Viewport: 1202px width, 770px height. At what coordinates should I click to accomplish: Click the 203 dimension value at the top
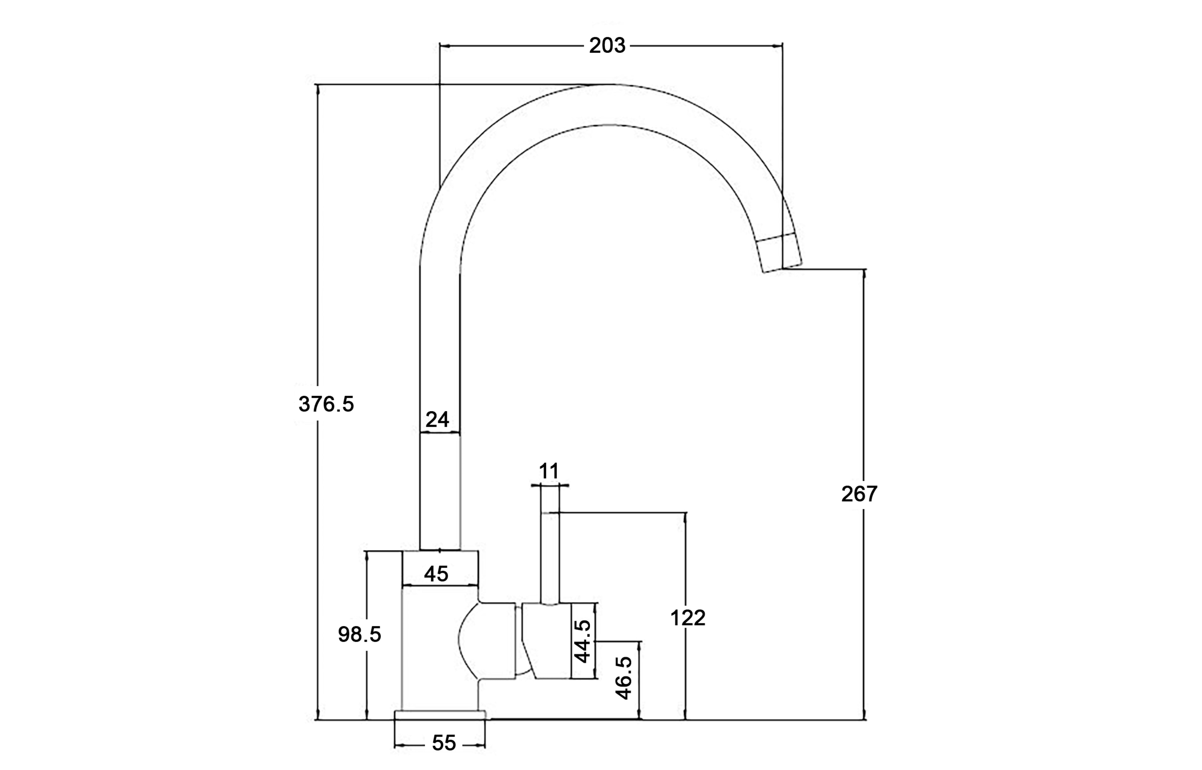click(x=607, y=45)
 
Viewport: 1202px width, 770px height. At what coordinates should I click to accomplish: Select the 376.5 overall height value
click(x=326, y=404)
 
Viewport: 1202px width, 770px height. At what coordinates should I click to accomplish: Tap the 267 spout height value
click(x=859, y=494)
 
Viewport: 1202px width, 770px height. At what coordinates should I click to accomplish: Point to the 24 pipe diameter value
click(x=437, y=419)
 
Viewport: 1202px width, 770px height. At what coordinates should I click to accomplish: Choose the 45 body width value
click(x=436, y=574)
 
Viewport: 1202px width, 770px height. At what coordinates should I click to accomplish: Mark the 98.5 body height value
click(x=359, y=634)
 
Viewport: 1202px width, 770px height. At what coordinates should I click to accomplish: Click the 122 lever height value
click(x=687, y=618)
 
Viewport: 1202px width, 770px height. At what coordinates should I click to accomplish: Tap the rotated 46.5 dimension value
click(x=624, y=678)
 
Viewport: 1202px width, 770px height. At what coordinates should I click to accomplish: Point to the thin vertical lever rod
click(x=550, y=555)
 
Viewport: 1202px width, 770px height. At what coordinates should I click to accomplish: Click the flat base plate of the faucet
click(x=439, y=715)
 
